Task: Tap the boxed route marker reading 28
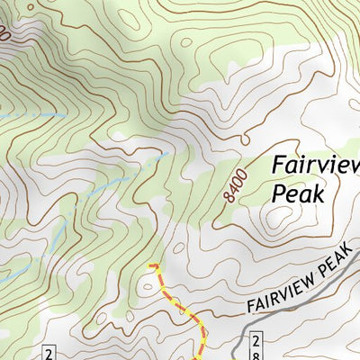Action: point(256,346)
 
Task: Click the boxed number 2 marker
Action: point(49,351)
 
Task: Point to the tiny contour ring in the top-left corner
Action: point(11,7)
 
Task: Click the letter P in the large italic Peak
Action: point(278,193)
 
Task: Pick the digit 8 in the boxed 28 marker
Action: point(260,346)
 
